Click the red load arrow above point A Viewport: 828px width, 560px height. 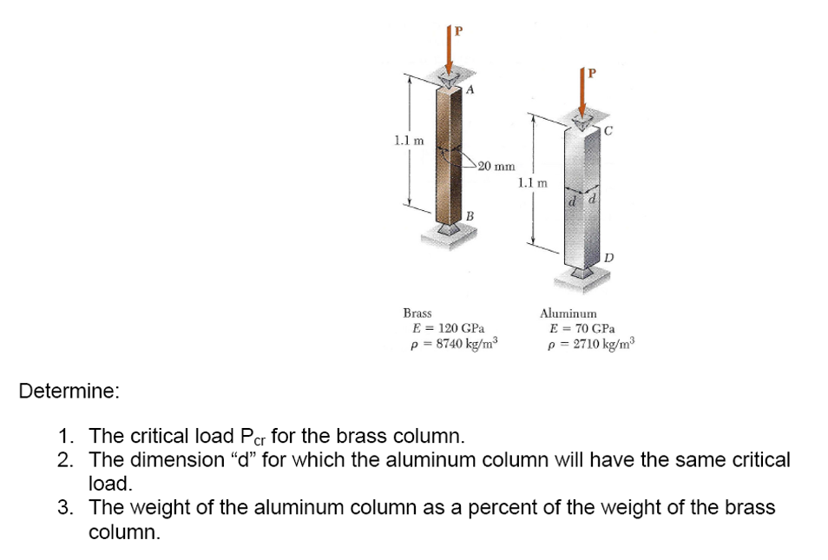[x=450, y=52]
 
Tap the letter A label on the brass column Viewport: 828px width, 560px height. [x=470, y=89]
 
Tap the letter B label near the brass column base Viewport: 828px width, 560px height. [x=469, y=214]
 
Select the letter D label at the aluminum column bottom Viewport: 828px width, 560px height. [x=608, y=257]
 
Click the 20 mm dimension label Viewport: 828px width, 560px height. [x=496, y=165]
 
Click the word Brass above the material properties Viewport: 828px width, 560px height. [x=418, y=313]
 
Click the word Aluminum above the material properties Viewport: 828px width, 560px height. [x=568, y=313]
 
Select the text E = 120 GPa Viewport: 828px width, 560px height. [x=448, y=328]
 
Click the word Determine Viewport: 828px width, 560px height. [x=69, y=392]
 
